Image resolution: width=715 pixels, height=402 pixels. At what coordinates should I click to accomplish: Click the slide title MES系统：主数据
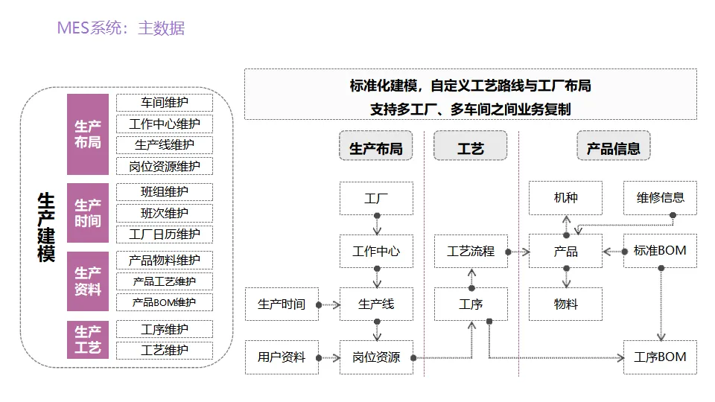click(121, 28)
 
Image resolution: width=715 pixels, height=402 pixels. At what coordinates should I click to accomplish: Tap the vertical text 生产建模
click(46, 227)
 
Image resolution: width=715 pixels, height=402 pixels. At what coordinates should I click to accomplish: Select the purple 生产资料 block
click(88, 281)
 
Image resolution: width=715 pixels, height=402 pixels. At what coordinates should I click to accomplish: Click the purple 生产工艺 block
click(88, 339)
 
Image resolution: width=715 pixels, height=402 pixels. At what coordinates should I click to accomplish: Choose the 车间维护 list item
click(164, 103)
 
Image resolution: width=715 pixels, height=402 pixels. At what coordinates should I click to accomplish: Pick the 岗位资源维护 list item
click(164, 166)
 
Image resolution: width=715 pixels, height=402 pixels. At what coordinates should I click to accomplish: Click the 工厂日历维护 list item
click(164, 234)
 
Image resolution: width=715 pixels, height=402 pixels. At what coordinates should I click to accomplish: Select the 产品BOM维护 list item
click(164, 302)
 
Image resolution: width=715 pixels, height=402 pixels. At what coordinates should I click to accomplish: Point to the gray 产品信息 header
click(613, 146)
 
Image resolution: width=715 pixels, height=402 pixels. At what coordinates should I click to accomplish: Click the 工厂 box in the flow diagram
click(376, 198)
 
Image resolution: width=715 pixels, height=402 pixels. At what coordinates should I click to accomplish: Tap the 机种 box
click(565, 198)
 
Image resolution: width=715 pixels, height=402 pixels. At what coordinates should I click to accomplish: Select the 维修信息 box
click(661, 198)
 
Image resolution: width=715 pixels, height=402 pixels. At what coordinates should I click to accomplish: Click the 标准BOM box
click(661, 251)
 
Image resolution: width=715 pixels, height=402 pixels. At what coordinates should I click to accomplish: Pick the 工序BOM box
click(661, 357)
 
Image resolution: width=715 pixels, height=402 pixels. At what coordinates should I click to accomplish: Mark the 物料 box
click(565, 304)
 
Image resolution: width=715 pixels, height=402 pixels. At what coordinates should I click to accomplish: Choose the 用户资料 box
click(282, 357)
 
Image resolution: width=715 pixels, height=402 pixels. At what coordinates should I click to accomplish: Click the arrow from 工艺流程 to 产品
click(518, 252)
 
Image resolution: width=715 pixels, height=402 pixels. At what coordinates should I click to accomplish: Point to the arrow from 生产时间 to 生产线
click(328, 304)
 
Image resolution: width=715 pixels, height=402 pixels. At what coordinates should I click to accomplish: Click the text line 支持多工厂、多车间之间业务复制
click(470, 109)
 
